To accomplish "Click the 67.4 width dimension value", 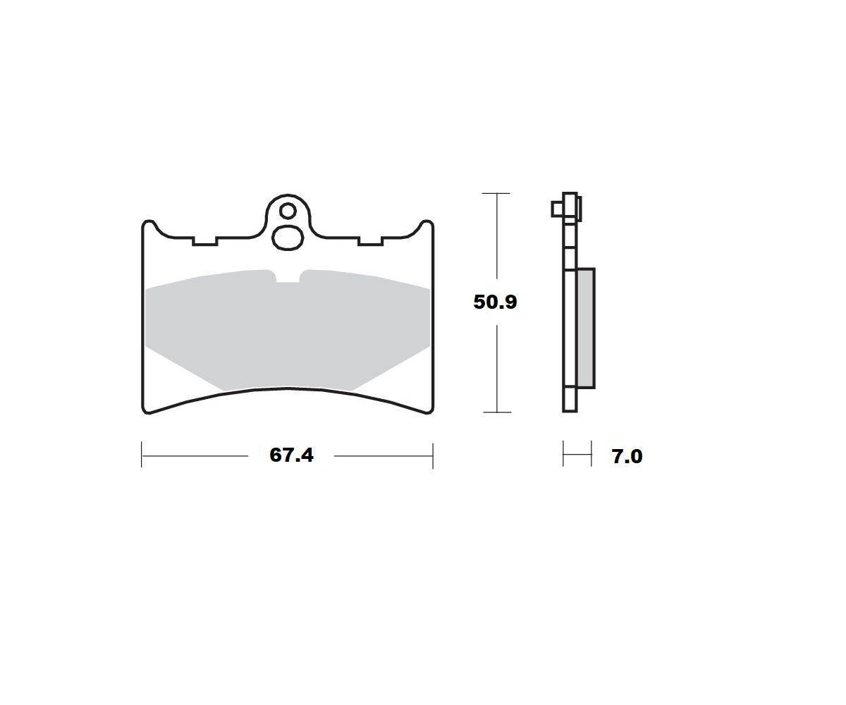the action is (x=291, y=455).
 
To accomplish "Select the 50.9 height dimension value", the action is (x=495, y=302).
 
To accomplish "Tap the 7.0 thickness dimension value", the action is (x=627, y=457).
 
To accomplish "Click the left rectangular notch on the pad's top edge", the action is (x=205, y=241).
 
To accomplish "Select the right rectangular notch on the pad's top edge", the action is (x=371, y=241).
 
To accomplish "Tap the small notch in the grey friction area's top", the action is (x=288, y=277).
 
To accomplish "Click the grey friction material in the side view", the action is (x=586, y=329).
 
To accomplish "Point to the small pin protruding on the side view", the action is (x=557, y=209).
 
